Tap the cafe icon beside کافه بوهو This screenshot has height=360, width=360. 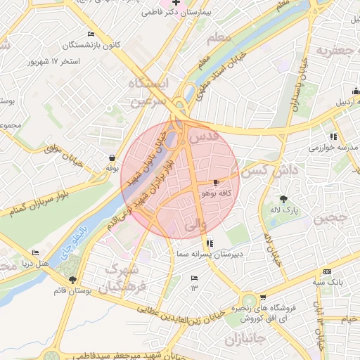[x=205, y=183]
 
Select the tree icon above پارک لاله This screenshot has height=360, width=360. [x=283, y=199]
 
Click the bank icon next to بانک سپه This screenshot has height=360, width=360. [x=327, y=272]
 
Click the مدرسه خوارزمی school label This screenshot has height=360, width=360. [x=333, y=148]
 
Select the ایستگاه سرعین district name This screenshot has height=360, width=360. [x=150, y=91]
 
